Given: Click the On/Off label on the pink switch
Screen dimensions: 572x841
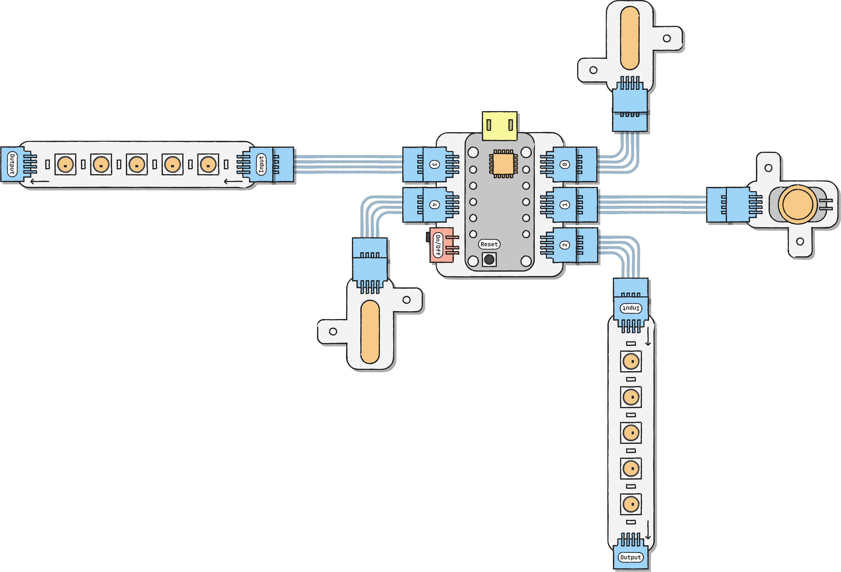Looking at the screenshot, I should pos(438,245).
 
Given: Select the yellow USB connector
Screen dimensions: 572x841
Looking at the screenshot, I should pos(499,126).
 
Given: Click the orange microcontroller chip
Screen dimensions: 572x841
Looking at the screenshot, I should pos(503,164).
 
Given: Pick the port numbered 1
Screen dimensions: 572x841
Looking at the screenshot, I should pos(565,205).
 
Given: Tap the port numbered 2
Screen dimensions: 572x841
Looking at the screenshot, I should pos(565,245).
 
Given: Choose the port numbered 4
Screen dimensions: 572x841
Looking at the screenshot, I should pos(434,205).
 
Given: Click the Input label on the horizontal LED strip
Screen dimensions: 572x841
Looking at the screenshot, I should pos(261,164).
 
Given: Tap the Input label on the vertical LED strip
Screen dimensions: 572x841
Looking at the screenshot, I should pos(631,308).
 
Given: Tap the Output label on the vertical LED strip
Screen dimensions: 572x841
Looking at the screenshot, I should pos(631,557).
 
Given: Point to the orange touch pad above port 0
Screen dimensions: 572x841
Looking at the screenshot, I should pos(630,38).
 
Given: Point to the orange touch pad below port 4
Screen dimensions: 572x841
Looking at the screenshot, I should pos(370,332).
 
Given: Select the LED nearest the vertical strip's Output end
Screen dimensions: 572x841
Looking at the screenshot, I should pos(631,504).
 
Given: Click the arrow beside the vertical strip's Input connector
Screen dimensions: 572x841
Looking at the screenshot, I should pos(648,336).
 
